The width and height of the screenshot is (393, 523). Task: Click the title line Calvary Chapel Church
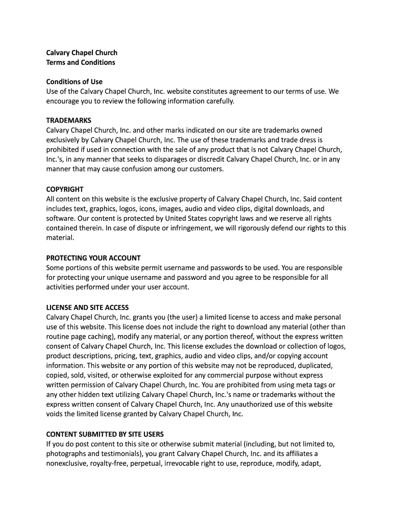tap(82, 53)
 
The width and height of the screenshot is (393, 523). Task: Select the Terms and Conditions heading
tap(81, 62)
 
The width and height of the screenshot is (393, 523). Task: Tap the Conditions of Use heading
tap(74, 82)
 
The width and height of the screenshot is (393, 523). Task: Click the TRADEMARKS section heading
tap(69, 121)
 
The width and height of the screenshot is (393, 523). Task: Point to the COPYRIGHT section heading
tap(65, 189)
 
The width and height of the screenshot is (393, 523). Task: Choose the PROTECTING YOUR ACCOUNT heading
tap(93, 258)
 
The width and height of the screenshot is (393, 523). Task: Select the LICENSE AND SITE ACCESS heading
tap(87, 307)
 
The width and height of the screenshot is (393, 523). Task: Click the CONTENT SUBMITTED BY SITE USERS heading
tap(105, 435)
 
